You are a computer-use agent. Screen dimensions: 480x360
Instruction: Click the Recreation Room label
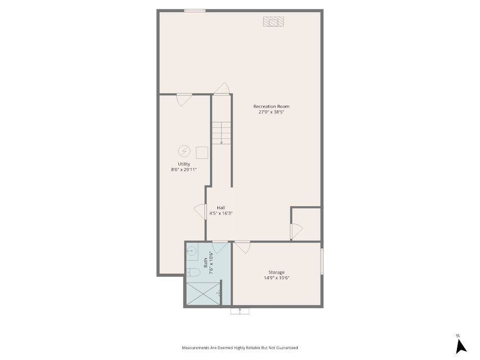[x=271, y=106]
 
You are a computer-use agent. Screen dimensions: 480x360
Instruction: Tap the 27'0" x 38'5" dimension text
[x=272, y=112]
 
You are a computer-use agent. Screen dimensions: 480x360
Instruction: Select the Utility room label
[x=184, y=164]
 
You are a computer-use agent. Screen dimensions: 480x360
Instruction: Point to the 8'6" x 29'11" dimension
[x=184, y=169]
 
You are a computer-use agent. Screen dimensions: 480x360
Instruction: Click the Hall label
[x=221, y=208]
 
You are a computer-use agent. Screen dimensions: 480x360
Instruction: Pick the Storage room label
[x=277, y=272]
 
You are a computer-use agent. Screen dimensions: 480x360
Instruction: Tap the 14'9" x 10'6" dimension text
[x=277, y=278]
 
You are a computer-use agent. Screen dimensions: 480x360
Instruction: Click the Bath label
[x=205, y=262]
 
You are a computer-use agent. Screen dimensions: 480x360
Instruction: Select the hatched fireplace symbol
[x=274, y=22]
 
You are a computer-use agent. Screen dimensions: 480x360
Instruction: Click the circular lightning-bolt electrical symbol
[x=184, y=151]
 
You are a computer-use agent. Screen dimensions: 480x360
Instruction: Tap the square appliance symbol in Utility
[x=202, y=153]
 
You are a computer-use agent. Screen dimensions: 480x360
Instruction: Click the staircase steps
[x=221, y=133]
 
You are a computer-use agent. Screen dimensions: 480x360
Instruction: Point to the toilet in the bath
[x=193, y=272]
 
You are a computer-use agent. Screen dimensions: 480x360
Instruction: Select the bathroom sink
[x=192, y=252]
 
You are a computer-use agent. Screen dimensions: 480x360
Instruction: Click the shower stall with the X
[x=203, y=294]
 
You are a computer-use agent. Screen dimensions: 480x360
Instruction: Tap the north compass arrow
[x=461, y=347]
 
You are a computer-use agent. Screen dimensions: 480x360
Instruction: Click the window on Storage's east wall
[x=322, y=261]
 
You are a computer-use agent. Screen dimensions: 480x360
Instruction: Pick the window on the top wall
[x=195, y=11]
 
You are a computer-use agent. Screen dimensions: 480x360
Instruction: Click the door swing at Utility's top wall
[x=184, y=100]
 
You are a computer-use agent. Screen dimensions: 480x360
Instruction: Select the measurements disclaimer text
[x=240, y=348]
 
